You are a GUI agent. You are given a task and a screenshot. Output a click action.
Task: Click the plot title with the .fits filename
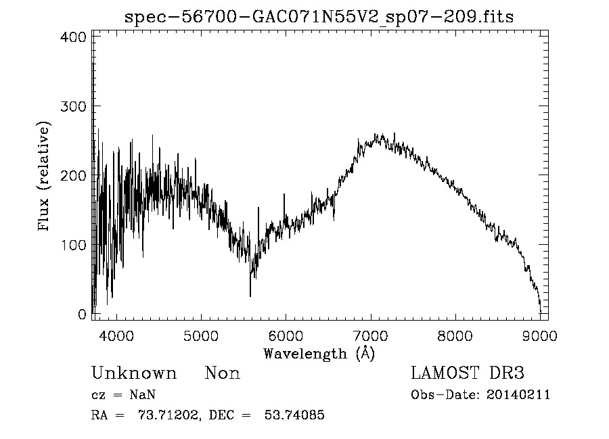pyautogui.click(x=319, y=18)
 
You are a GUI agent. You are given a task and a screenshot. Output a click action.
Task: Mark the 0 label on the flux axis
pyautogui.click(x=82, y=315)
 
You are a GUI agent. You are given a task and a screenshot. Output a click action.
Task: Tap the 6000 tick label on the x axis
pyautogui.click(x=285, y=335)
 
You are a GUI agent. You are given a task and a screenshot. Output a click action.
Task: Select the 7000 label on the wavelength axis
pyautogui.click(x=370, y=335)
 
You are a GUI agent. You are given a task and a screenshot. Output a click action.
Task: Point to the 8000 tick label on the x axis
pyautogui.click(x=455, y=335)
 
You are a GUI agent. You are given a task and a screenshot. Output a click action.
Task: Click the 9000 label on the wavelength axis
pyautogui.click(x=539, y=335)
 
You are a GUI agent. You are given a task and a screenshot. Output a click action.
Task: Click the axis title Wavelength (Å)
pyautogui.click(x=319, y=352)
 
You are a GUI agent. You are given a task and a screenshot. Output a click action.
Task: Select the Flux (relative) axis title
pyautogui.click(x=45, y=177)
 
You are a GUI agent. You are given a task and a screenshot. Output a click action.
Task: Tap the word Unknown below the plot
pyautogui.click(x=134, y=373)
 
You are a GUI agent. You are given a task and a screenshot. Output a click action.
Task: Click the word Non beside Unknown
pyautogui.click(x=222, y=373)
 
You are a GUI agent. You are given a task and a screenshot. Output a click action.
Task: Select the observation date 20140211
pyautogui.click(x=518, y=395)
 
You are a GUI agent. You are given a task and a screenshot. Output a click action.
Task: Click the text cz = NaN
pyautogui.click(x=124, y=395)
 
